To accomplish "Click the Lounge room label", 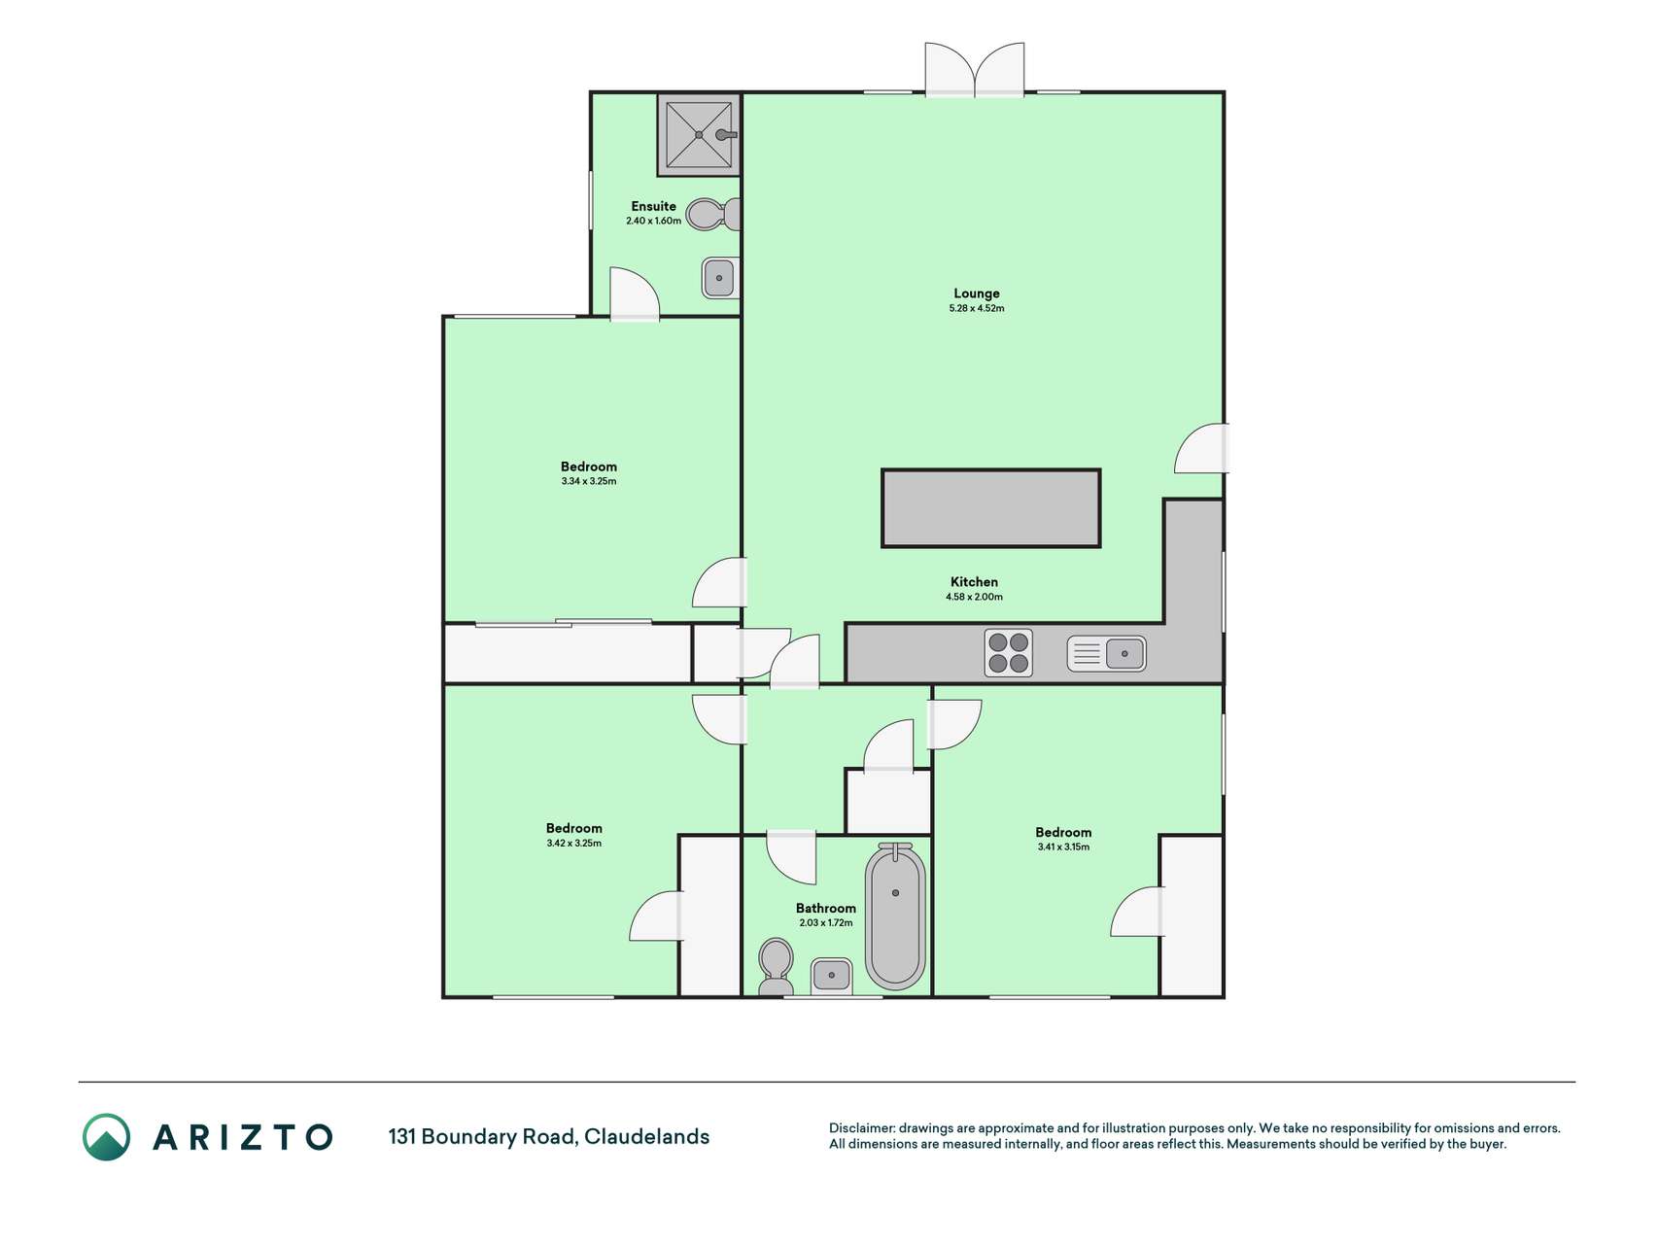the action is (x=976, y=294).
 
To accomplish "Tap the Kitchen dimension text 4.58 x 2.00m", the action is (x=974, y=598).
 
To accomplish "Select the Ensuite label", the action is (x=653, y=206).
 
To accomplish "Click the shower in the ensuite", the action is (x=699, y=134).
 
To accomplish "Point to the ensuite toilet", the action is (x=714, y=214).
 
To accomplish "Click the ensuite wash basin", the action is (x=720, y=278).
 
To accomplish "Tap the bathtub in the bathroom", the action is (x=895, y=916).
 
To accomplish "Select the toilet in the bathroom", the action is (x=776, y=966).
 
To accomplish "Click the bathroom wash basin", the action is (x=832, y=975).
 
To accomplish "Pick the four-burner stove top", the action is (x=1009, y=653).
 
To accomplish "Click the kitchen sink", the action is (x=1106, y=654).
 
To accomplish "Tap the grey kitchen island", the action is (x=990, y=508).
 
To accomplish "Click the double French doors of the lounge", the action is (x=975, y=70).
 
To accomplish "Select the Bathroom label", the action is (x=826, y=909).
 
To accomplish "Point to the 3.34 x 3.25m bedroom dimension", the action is (x=589, y=482).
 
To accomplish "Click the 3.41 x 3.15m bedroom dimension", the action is (x=1063, y=847).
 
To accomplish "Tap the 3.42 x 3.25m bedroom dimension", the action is (x=573, y=844).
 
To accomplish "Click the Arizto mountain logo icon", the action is (x=106, y=1137).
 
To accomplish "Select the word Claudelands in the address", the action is (x=646, y=1137).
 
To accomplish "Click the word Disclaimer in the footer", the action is (x=860, y=1128).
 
